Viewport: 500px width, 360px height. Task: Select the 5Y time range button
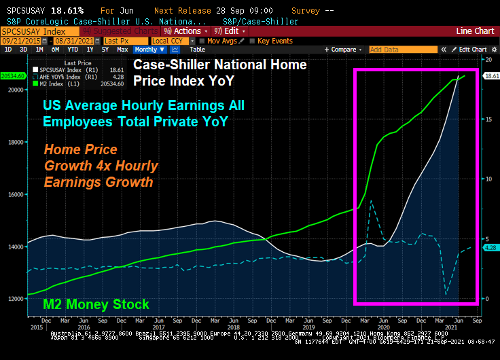point(105,50)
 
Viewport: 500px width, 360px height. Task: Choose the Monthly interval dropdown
point(147,50)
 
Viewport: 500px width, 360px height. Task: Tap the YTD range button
point(73,50)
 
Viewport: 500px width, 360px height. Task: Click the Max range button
point(122,50)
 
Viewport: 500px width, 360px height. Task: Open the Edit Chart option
point(472,50)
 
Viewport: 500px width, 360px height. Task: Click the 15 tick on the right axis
point(487,120)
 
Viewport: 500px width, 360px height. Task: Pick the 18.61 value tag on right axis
point(490,76)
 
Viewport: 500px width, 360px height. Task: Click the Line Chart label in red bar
point(475,31)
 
